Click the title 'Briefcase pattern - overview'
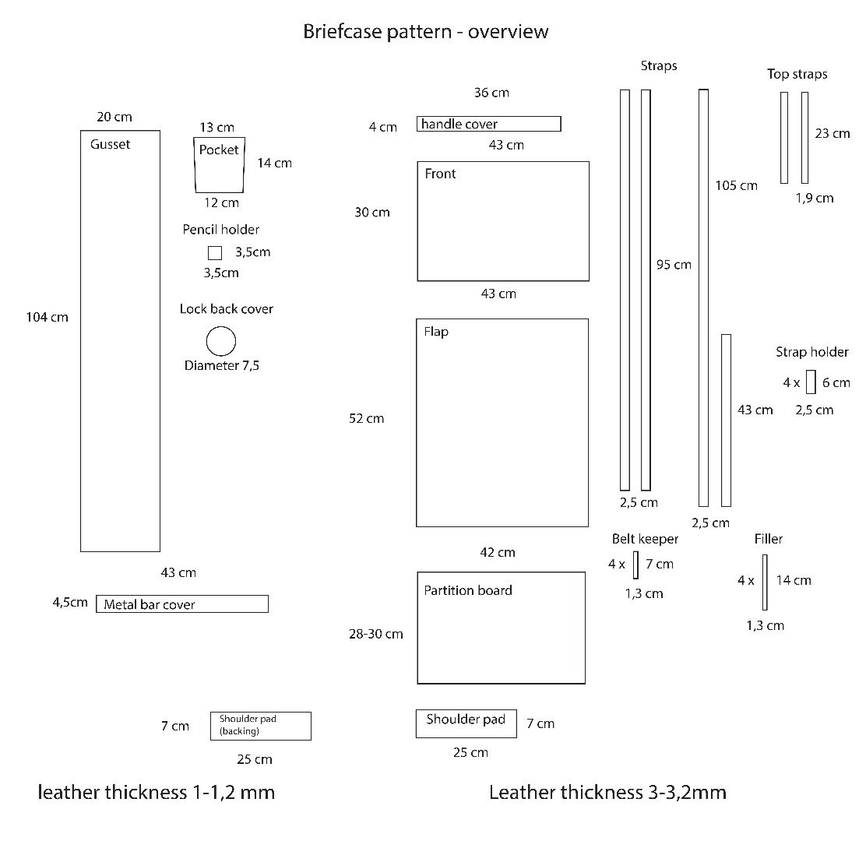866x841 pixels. coord(426,31)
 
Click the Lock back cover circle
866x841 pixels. coord(221,327)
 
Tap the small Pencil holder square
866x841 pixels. coord(215,247)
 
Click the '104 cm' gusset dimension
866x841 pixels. coord(48,318)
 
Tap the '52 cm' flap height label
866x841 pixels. coord(367,419)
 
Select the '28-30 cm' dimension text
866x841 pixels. coord(376,634)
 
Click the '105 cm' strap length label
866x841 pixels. coord(736,185)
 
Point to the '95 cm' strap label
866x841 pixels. coord(674,265)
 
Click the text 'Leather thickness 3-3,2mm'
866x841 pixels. coord(607,793)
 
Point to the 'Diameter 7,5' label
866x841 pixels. coord(221,365)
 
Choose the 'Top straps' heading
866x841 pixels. coord(797,74)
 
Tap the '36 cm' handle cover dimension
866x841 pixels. coord(491,93)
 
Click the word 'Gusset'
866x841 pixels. coord(110,144)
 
